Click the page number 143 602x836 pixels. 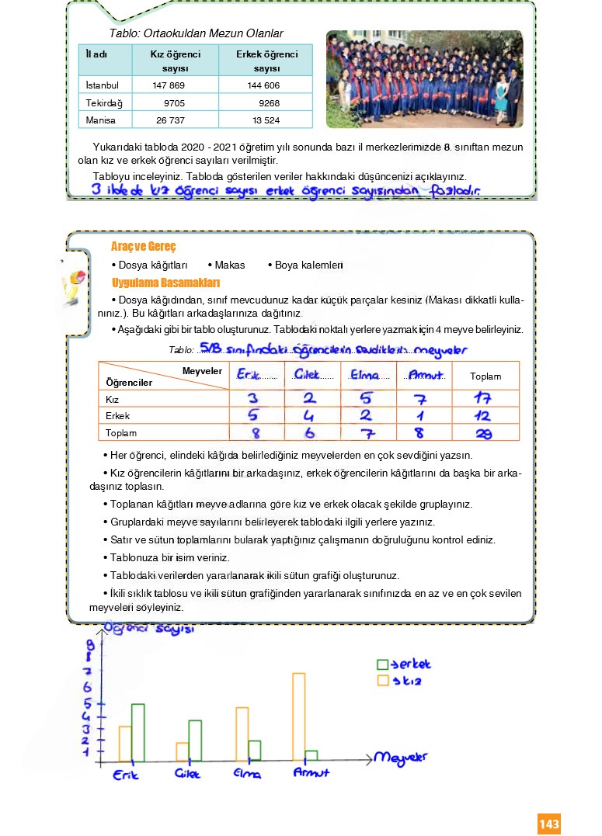(x=548, y=824)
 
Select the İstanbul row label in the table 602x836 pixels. (x=103, y=85)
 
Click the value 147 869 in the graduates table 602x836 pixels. (x=169, y=85)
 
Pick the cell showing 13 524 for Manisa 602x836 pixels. (x=266, y=120)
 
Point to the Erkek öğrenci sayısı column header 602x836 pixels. (x=267, y=61)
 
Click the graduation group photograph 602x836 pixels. (x=424, y=78)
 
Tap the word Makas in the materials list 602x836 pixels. (x=230, y=265)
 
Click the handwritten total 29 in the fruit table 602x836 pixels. (x=483, y=433)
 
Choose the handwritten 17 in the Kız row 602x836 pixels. (x=482, y=399)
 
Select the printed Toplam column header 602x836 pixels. (x=485, y=376)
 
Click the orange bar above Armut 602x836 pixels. (x=298, y=716)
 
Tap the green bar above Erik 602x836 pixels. (x=137, y=732)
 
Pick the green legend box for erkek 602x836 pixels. (x=382, y=664)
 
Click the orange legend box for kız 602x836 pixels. (x=382, y=681)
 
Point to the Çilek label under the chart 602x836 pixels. (x=187, y=774)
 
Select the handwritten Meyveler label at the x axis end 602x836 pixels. (x=400, y=757)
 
